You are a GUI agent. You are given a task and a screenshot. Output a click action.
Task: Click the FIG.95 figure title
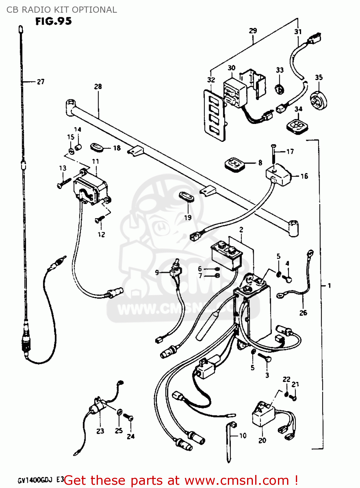click(53, 21)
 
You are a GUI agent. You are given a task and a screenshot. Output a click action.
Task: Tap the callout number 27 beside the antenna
click(41, 82)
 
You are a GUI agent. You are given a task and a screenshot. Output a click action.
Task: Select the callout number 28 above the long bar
click(98, 87)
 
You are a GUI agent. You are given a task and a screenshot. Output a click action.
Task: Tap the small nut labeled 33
click(279, 88)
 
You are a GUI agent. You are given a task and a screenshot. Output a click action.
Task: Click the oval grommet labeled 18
click(97, 147)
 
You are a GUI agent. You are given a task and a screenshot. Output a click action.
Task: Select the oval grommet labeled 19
click(186, 197)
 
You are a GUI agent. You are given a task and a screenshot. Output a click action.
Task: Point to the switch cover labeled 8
click(234, 164)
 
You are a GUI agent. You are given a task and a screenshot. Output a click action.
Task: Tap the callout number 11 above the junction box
click(95, 161)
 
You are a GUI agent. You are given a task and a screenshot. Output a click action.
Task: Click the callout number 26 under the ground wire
click(303, 313)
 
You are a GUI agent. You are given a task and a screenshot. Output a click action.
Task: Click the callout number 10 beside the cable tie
click(243, 436)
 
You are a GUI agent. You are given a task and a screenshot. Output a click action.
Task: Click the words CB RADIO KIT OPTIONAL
click(62, 10)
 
